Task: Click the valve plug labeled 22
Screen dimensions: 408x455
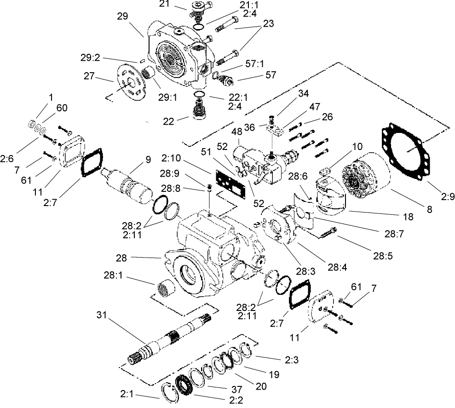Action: click(199, 112)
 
